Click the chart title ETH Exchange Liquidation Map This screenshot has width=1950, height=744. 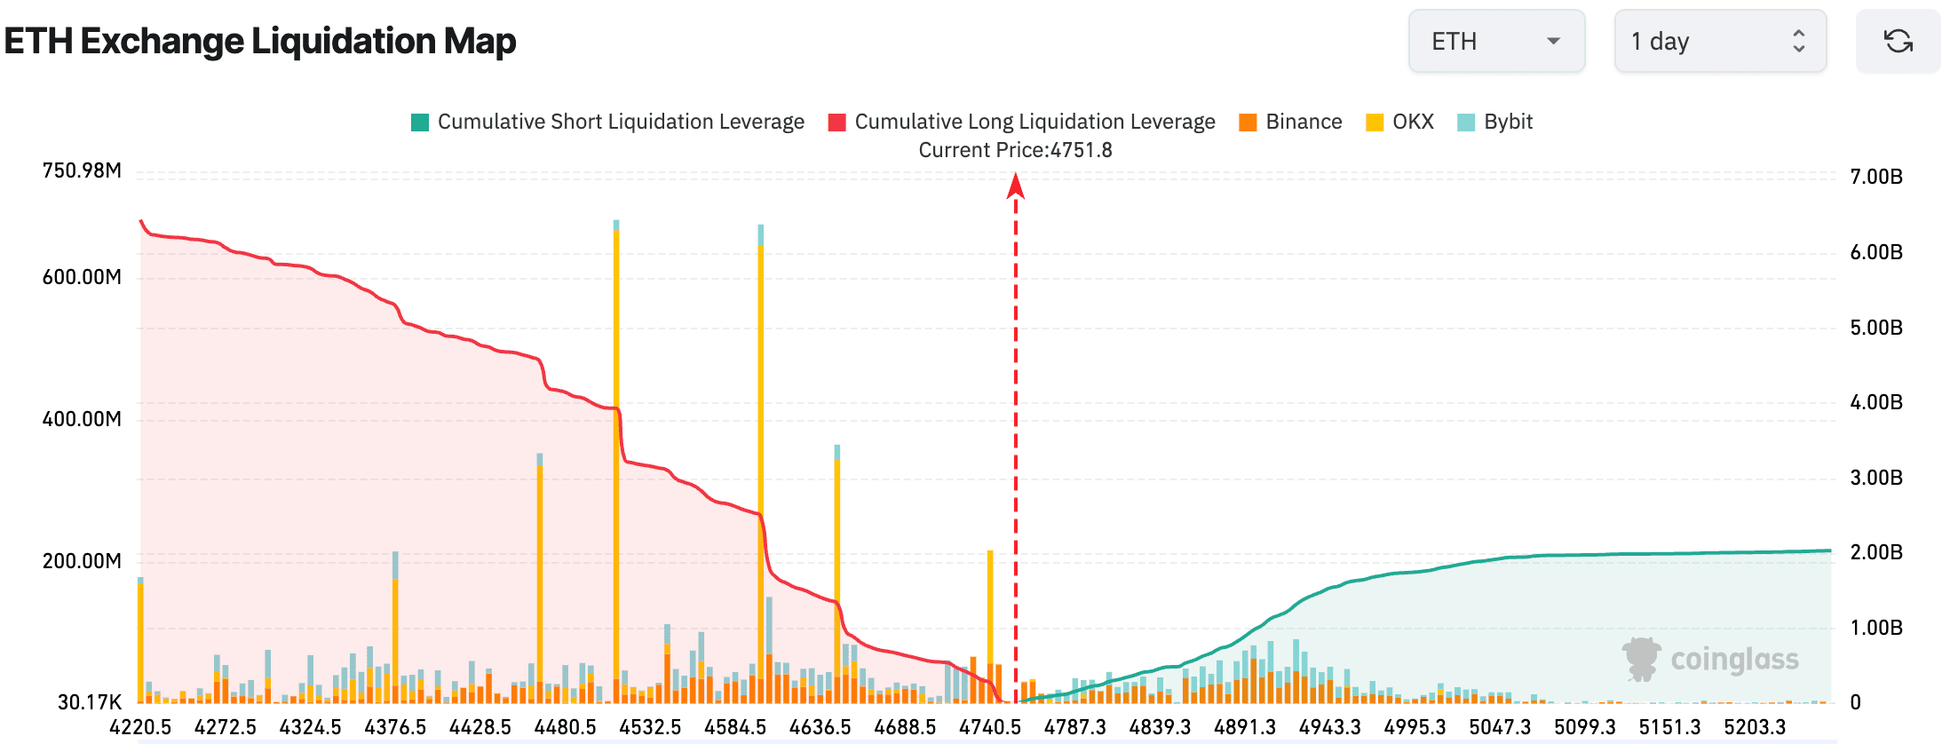[260, 42]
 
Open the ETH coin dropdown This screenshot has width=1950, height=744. [1496, 42]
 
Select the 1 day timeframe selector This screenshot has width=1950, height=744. [1719, 42]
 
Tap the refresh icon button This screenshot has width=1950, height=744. [1898, 42]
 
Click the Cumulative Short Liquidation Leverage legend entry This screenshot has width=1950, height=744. [608, 122]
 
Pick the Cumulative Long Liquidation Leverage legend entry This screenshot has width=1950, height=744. [1022, 122]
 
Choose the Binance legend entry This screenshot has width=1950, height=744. [1291, 122]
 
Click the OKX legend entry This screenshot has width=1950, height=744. [1400, 122]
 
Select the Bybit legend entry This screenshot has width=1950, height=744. [1495, 122]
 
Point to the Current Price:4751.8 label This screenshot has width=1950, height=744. [1015, 150]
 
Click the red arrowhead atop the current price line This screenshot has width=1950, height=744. [1016, 186]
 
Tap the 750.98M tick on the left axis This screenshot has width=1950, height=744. [82, 170]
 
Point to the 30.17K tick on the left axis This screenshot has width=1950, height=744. [89, 702]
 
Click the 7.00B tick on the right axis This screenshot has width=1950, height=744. [1876, 177]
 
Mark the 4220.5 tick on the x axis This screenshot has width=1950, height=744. [140, 727]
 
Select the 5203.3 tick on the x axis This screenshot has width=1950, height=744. [1755, 727]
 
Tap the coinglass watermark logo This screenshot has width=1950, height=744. [1710, 660]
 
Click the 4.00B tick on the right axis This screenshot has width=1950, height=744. [1876, 402]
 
